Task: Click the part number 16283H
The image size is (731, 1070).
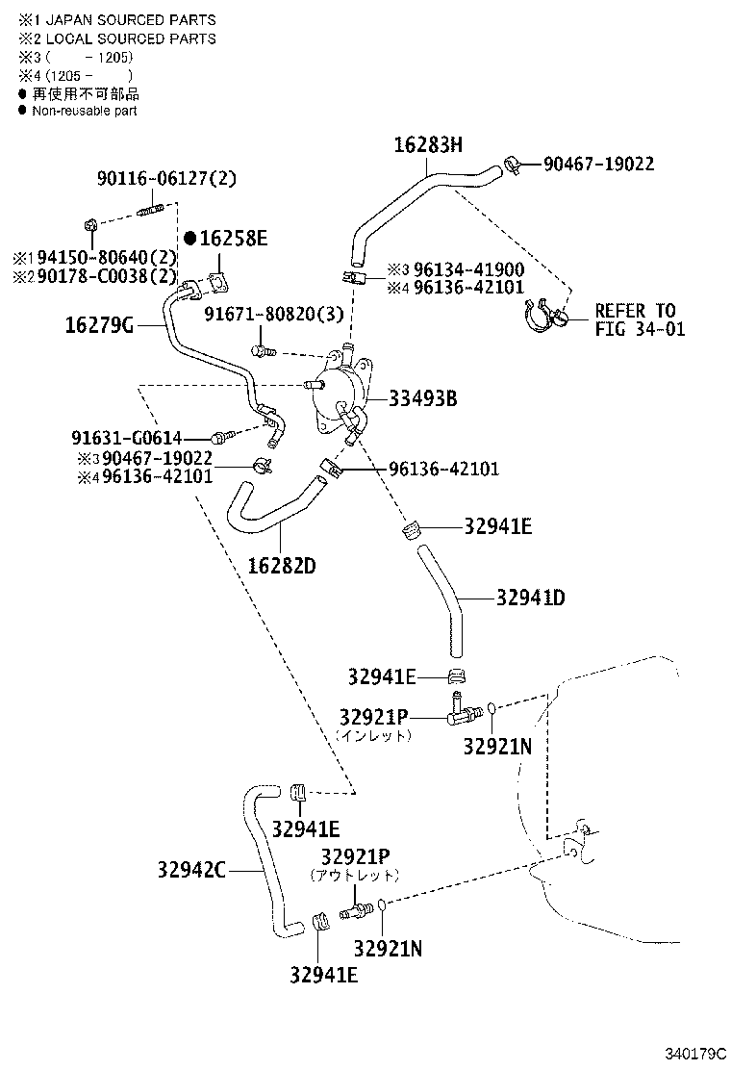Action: point(428,145)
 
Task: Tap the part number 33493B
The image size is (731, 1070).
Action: point(422,398)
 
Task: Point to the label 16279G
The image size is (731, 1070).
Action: point(98,325)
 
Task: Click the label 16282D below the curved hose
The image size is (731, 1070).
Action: point(283,566)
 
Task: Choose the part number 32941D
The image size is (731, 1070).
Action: point(530,598)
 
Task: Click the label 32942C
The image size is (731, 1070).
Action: point(191,871)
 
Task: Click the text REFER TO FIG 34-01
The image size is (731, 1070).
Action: point(635,320)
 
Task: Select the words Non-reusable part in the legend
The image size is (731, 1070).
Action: point(85,111)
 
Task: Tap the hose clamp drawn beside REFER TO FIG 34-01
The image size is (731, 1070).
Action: point(546,318)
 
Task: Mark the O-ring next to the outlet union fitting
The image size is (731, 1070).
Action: point(383,904)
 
